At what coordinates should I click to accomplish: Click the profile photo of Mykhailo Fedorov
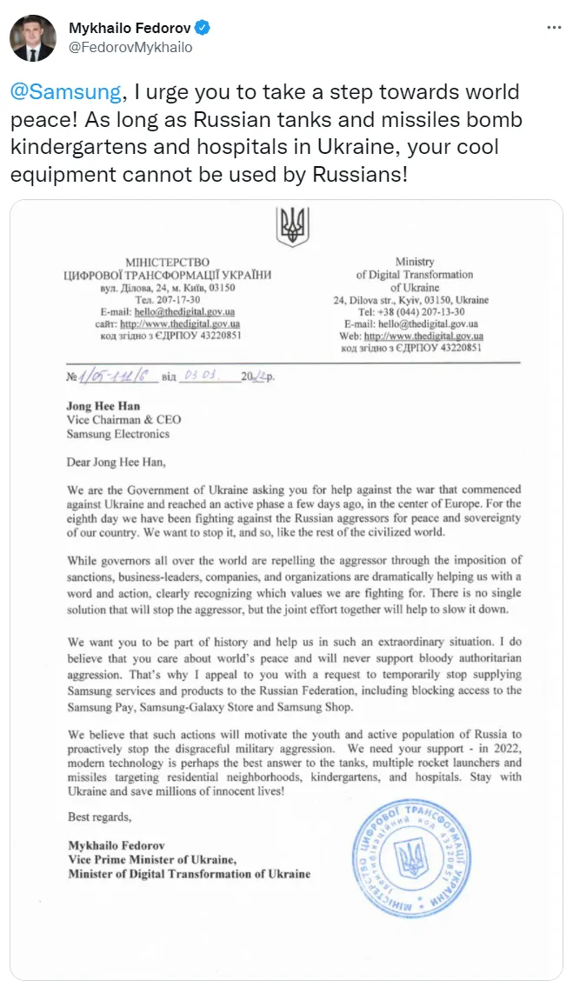[33, 38]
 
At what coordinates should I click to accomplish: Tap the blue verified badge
[203, 29]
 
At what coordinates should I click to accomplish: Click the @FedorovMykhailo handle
[130, 48]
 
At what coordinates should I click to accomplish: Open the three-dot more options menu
[553, 29]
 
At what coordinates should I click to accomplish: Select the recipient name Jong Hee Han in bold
[103, 406]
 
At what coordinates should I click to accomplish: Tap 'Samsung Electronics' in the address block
[118, 433]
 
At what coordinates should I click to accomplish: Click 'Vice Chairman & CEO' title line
[124, 420]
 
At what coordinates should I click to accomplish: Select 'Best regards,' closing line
[99, 817]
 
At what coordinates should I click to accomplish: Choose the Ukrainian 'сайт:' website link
[180, 324]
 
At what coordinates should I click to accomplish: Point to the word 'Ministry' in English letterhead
[414, 262]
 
